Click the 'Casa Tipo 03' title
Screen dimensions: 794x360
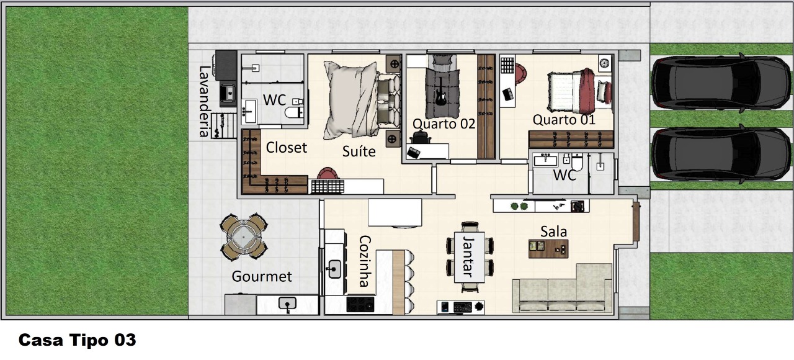point(78,340)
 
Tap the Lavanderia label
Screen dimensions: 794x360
point(204,101)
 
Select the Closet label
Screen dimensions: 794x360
point(287,148)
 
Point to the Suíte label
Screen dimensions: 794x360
point(359,151)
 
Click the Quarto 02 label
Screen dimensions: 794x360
point(444,124)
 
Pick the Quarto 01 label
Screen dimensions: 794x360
point(564,120)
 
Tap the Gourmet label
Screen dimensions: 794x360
point(262,277)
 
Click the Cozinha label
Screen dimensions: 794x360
point(365,261)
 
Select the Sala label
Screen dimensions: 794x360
point(554,232)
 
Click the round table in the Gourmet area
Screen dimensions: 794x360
point(244,236)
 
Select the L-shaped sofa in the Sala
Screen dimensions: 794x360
point(563,289)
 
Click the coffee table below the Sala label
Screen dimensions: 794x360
point(548,249)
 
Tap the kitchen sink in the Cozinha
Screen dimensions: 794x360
point(334,269)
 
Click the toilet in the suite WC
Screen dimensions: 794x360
point(294,110)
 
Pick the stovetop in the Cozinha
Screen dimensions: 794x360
point(360,304)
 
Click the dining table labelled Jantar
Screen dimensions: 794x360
point(470,257)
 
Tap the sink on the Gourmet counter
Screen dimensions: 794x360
point(287,304)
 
